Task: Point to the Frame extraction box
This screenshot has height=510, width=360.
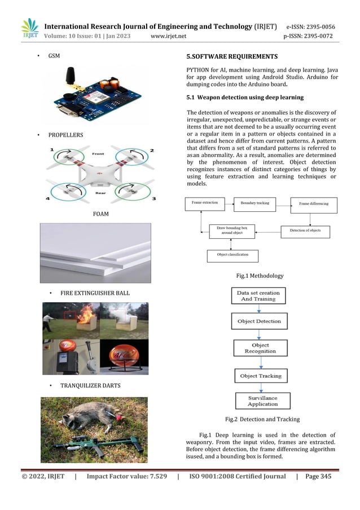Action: point(205,202)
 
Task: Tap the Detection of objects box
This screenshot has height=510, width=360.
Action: point(305,231)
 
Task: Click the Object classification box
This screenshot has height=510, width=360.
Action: point(232,255)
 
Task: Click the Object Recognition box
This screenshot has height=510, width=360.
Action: point(260,348)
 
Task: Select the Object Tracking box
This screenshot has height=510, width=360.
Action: point(260,376)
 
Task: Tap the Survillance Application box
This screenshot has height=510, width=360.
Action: point(262,401)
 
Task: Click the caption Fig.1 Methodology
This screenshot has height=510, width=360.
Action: point(260,276)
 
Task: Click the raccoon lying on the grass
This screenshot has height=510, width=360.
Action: point(93,413)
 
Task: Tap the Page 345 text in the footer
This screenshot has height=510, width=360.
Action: point(318,477)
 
